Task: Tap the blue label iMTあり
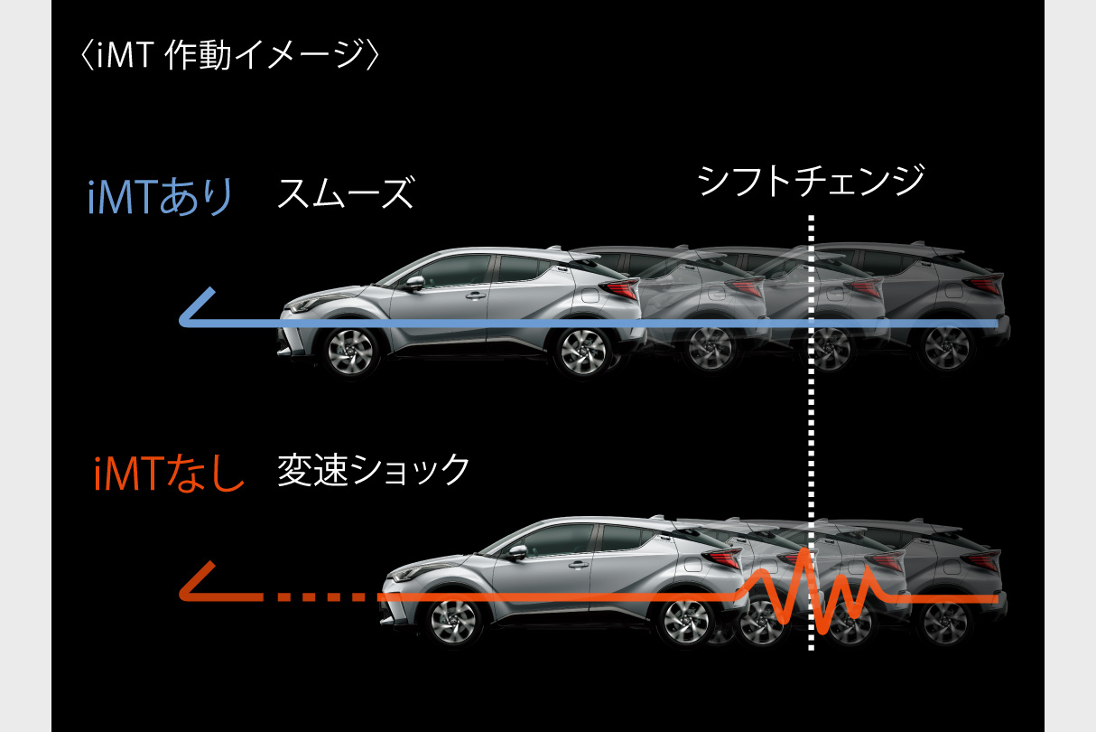[x=160, y=198]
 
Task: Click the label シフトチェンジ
[x=811, y=180]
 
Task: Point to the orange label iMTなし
[x=169, y=473]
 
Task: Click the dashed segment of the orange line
[x=311, y=597]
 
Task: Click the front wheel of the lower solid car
[x=451, y=621]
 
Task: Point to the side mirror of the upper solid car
[x=414, y=282]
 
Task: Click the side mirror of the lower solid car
[x=518, y=552]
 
